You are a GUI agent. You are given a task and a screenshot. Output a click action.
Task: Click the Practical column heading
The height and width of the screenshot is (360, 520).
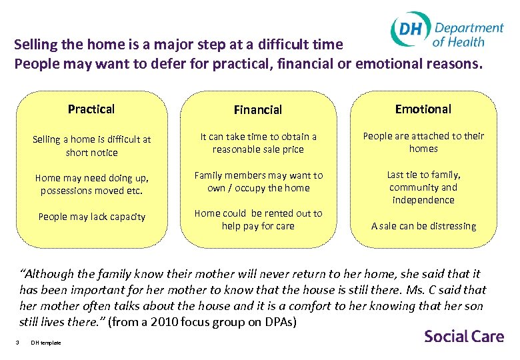point(91,109)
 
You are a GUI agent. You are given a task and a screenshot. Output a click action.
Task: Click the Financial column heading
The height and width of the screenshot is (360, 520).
point(257,109)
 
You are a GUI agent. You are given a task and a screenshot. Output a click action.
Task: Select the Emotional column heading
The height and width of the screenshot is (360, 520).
point(423,109)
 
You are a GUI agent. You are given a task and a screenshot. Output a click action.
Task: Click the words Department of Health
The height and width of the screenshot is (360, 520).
point(468,34)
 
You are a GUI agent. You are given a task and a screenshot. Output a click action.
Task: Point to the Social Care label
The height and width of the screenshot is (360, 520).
point(464,336)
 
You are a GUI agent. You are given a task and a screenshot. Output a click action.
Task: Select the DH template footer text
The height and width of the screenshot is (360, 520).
point(46,343)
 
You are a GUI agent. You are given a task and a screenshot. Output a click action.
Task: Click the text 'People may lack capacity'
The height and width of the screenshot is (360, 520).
point(91,217)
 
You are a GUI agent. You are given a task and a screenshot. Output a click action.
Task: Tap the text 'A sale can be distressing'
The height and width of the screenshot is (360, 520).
point(423,226)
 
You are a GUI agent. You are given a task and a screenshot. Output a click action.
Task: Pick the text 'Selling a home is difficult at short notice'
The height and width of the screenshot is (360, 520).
point(92,146)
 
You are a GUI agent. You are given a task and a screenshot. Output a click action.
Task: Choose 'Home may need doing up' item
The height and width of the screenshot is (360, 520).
point(92,185)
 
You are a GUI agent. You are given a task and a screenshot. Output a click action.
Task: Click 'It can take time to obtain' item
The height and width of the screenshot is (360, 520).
point(258,143)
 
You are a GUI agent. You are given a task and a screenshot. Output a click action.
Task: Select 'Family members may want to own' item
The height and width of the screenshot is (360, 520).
point(258,181)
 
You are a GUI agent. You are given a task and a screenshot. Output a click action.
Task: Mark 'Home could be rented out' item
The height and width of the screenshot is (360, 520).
point(258,219)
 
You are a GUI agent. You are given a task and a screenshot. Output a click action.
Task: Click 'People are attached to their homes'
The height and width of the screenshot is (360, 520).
point(423,142)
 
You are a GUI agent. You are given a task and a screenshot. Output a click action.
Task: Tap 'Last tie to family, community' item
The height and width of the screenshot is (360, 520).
point(423,187)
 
